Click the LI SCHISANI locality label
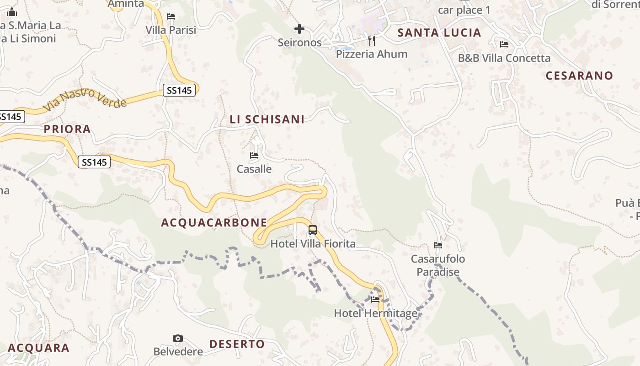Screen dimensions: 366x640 (x=267, y=119)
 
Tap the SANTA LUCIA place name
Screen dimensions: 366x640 (x=439, y=32)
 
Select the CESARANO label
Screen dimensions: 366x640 (x=579, y=75)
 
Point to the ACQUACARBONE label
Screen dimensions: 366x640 (x=214, y=223)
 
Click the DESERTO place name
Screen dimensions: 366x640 (x=237, y=344)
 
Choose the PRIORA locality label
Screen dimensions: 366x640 (x=67, y=129)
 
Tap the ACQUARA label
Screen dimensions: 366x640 (x=38, y=348)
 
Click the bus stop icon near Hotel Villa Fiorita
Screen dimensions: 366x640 (x=313, y=230)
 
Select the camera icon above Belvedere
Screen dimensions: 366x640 (x=178, y=339)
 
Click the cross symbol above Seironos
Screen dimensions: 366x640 (x=299, y=29)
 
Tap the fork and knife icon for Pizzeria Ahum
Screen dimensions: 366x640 (x=372, y=41)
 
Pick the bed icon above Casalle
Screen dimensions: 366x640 (x=254, y=156)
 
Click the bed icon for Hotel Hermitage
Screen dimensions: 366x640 (x=375, y=300)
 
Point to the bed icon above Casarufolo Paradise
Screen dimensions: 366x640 (x=438, y=245)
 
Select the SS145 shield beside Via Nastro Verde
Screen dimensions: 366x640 (x=179, y=90)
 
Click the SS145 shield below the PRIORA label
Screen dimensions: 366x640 (x=94, y=162)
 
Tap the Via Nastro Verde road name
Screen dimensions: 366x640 (x=85, y=99)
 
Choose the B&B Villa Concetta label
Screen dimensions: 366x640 (x=504, y=58)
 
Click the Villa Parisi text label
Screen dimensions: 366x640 (x=171, y=30)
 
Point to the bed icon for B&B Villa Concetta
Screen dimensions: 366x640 (x=504, y=44)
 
